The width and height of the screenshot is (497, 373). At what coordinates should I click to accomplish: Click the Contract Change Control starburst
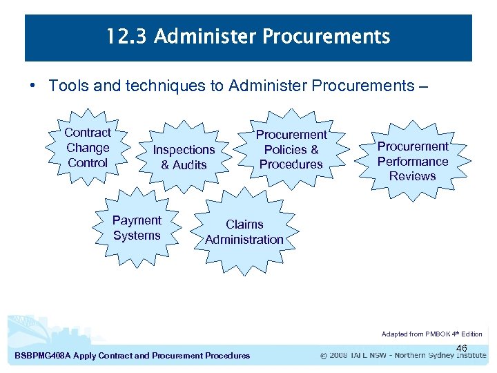[88, 148]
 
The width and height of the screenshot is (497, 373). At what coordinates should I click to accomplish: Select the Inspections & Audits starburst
[184, 157]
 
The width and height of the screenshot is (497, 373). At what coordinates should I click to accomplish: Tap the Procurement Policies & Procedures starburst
[291, 149]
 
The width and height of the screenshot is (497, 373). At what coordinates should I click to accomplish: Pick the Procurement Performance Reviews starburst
[413, 161]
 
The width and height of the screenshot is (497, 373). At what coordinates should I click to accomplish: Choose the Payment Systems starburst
[137, 228]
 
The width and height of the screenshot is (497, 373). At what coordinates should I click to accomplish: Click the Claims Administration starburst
[244, 232]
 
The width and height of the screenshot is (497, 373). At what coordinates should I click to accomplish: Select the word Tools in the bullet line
[67, 86]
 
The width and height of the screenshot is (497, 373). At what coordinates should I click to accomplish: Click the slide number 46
[462, 348]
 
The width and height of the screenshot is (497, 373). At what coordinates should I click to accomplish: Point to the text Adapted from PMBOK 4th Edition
[431, 334]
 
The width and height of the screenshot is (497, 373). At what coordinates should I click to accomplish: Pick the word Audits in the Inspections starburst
[190, 165]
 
